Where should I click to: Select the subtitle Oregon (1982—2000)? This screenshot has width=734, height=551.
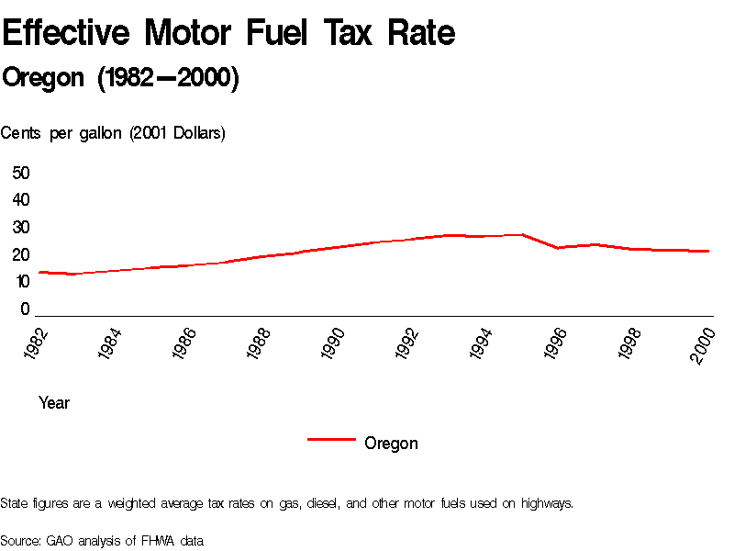(120, 79)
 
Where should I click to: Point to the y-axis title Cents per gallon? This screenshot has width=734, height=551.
(113, 133)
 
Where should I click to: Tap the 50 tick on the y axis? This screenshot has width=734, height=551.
(21, 173)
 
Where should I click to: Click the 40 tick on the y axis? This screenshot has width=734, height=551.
(21, 200)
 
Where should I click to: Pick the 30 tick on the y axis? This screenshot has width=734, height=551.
(21, 228)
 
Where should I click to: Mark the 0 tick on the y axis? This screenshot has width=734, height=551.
(26, 310)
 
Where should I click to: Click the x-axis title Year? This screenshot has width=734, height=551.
(54, 403)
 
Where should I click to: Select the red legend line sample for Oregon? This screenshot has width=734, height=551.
(331, 441)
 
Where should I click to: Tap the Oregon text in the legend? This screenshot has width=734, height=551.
(391, 444)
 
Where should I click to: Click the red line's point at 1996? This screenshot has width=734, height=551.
(558, 248)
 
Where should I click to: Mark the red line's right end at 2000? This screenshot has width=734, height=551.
(708, 251)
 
